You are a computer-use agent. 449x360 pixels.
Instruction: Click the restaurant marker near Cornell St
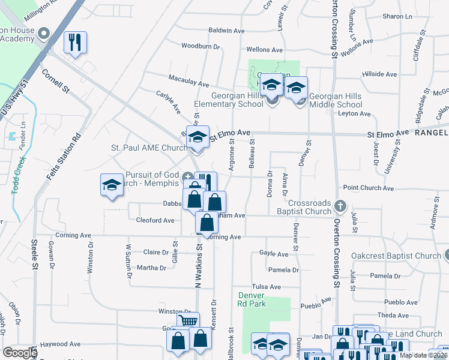75,43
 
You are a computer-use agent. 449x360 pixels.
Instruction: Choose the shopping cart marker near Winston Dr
188,321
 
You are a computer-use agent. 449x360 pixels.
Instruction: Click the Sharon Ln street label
396,16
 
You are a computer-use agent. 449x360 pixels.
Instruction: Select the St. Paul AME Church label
149,148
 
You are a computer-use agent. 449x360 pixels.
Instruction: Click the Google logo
19,352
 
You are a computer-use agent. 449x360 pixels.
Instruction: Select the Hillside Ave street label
379,74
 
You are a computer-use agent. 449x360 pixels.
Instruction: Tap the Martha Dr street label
151,268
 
